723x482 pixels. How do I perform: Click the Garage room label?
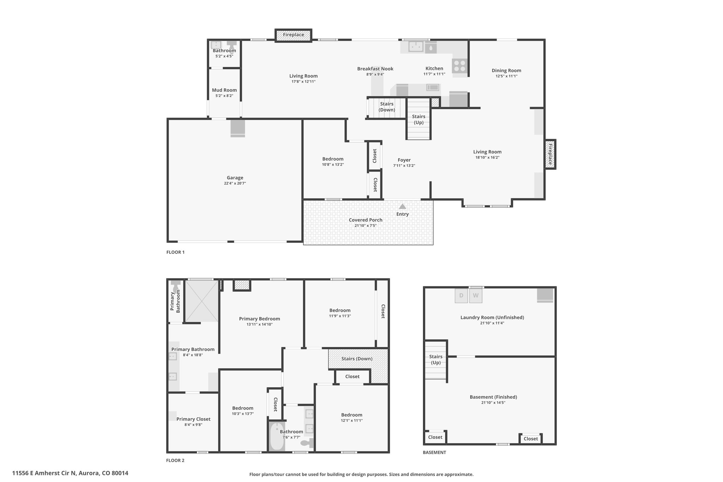click(x=235, y=178)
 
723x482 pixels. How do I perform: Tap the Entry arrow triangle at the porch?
click(x=402, y=207)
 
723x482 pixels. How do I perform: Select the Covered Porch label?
click(x=365, y=220)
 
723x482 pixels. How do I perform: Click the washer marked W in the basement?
click(x=476, y=296)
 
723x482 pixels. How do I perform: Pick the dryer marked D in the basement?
click(x=461, y=296)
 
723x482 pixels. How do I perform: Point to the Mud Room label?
click(x=224, y=90)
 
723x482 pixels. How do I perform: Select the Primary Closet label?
click(x=193, y=419)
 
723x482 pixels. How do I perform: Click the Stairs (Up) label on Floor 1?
click(x=419, y=119)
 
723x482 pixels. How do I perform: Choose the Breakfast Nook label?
click(x=375, y=69)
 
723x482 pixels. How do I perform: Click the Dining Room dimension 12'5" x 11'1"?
click(x=506, y=76)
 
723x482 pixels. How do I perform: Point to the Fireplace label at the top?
click(x=293, y=35)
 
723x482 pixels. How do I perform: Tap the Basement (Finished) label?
click(x=493, y=397)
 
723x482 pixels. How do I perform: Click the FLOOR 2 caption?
click(x=175, y=460)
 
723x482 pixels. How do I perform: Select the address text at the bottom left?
click(x=70, y=473)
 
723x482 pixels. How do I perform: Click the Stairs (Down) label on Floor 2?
click(x=357, y=359)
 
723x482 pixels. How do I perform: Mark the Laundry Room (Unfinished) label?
click(x=492, y=317)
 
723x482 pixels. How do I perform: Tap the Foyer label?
click(x=404, y=160)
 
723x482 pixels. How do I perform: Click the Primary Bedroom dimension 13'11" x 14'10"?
click(x=259, y=324)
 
